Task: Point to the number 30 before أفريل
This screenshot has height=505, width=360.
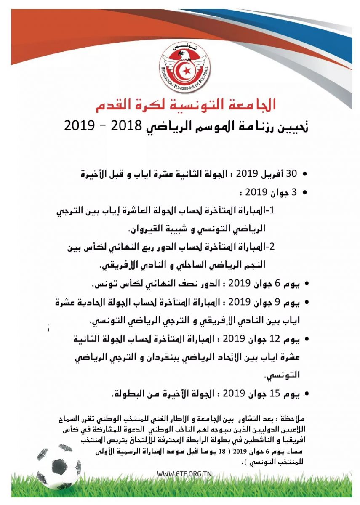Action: [x=291, y=173]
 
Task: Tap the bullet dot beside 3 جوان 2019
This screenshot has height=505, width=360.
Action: [x=305, y=193]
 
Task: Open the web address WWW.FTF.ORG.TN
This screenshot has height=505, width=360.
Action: [x=184, y=473]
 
